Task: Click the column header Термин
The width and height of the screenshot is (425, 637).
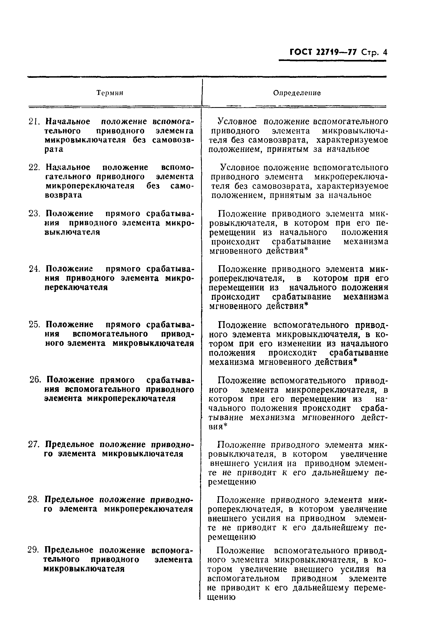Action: pyautogui.click(x=110, y=93)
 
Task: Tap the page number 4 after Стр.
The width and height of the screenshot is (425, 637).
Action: pyautogui.click(x=385, y=52)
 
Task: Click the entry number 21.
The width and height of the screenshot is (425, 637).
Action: pyautogui.click(x=34, y=122)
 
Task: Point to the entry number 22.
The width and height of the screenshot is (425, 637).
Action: pyautogui.click(x=34, y=168)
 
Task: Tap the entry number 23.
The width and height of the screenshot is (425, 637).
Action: pyautogui.click(x=34, y=214)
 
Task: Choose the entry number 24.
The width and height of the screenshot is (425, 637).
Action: pyautogui.click(x=34, y=269)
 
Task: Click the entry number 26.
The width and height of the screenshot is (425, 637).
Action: pyautogui.click(x=35, y=380)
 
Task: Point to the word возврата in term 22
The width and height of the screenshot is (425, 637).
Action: pyautogui.click(x=64, y=195)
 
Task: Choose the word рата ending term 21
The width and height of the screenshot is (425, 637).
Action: pyautogui.click(x=54, y=149)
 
